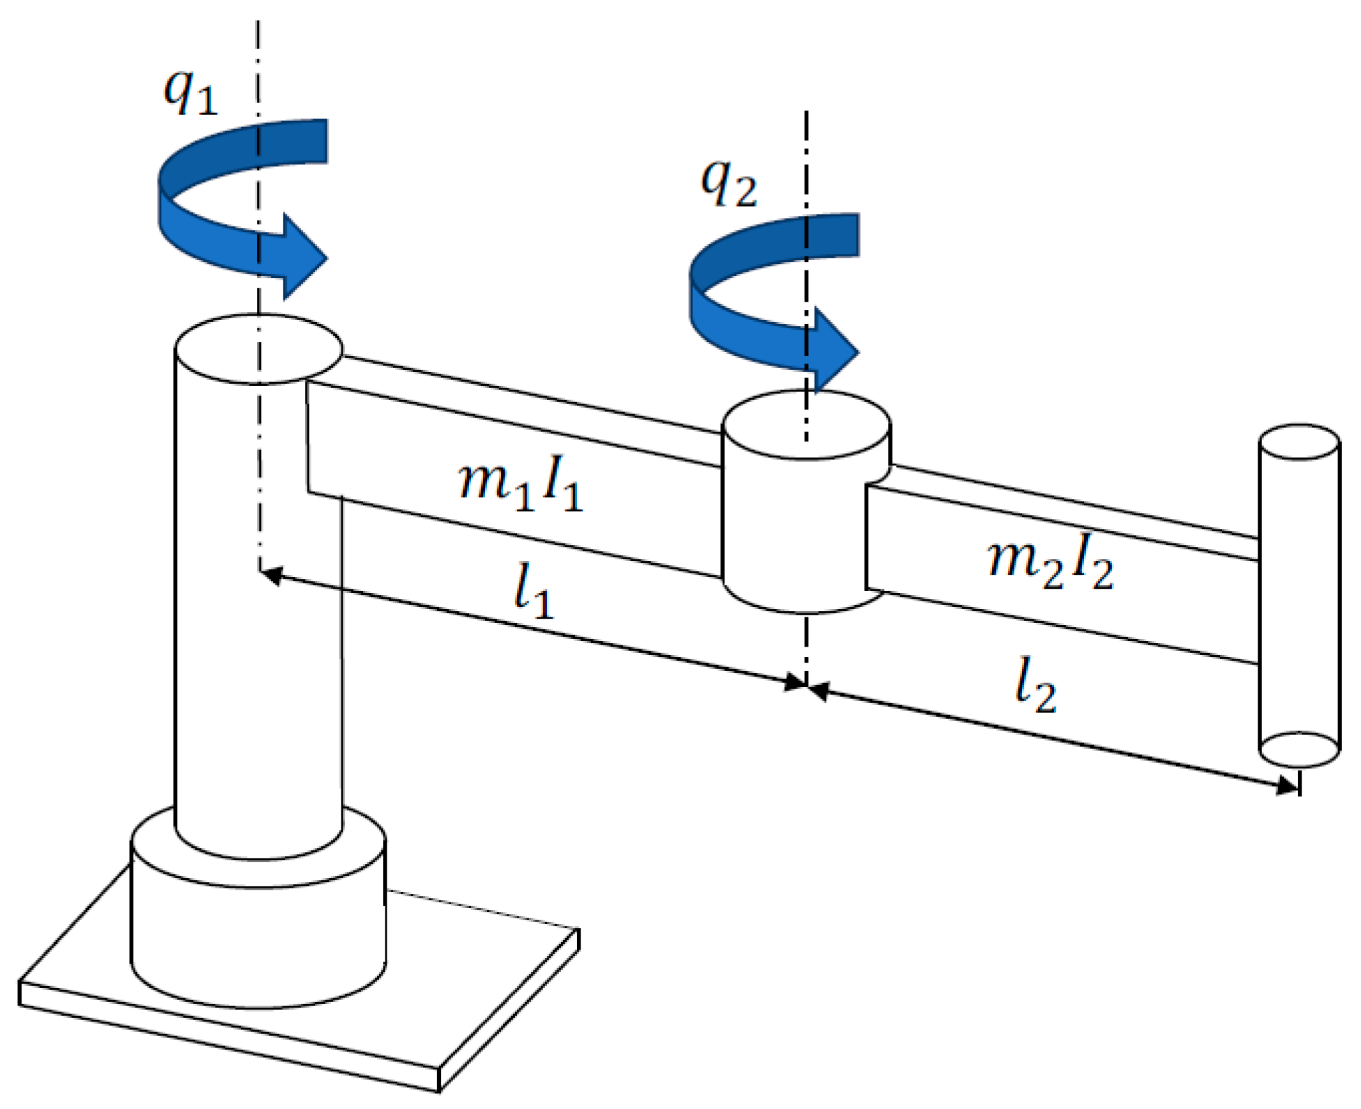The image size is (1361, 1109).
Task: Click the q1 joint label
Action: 190,92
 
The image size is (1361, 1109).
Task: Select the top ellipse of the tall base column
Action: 258,349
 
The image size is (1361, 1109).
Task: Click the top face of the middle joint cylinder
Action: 806,425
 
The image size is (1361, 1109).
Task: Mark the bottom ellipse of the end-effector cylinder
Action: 1299,749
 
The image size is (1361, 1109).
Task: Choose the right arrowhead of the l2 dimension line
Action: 1286,785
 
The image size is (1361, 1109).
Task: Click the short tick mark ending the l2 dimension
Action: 1299,783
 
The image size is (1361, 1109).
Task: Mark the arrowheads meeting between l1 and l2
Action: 807,686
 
